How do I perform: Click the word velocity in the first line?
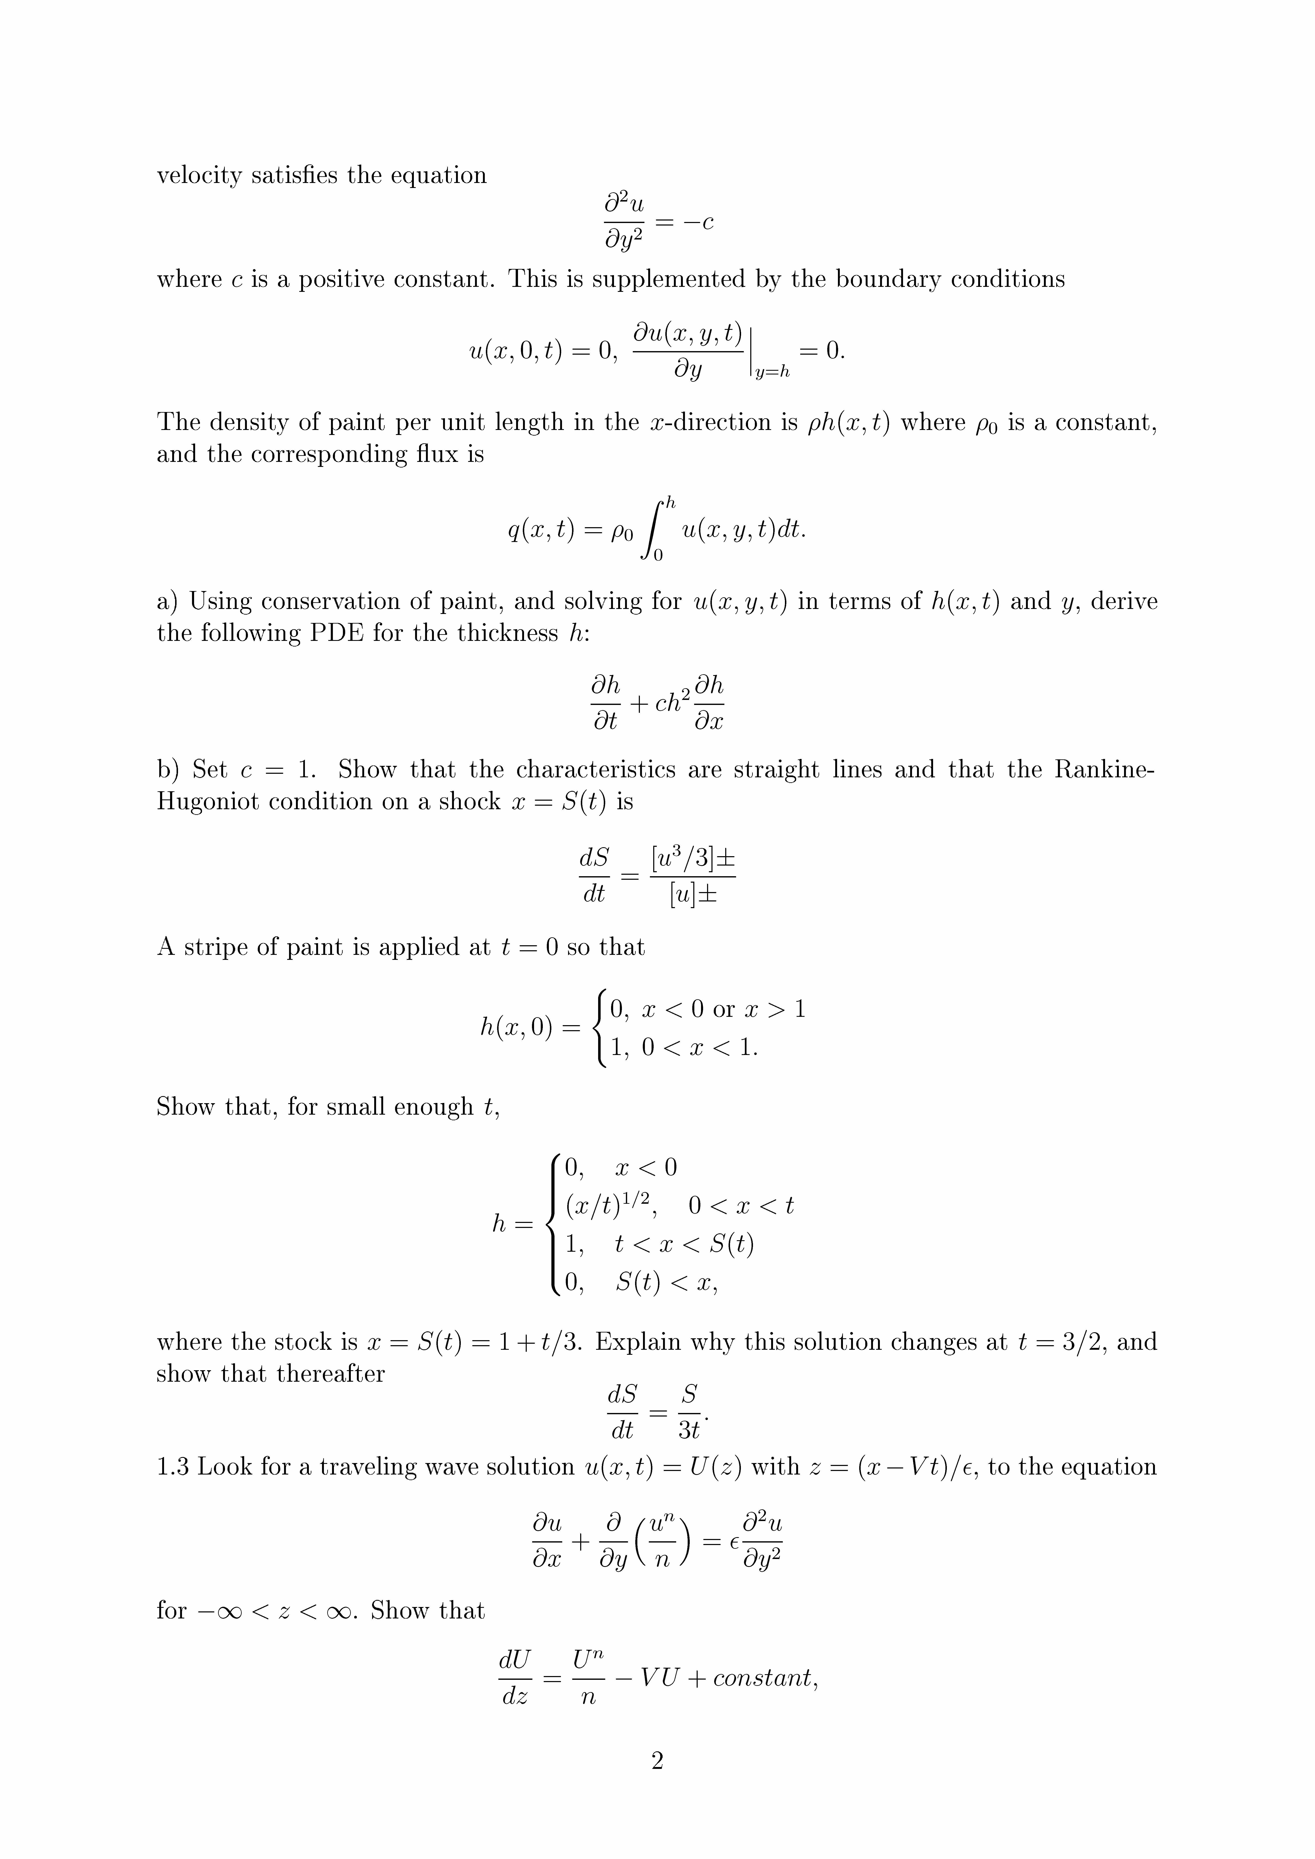[x=199, y=176]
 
